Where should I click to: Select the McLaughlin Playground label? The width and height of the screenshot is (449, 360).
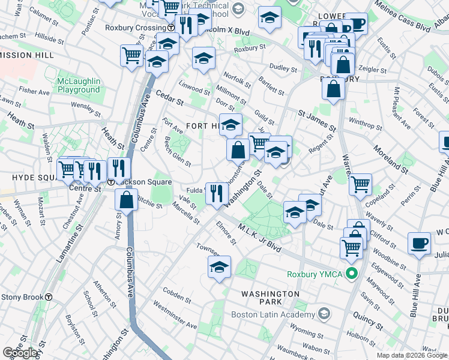tap(79, 85)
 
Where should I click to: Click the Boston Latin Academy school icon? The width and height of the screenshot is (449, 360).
tap(325, 314)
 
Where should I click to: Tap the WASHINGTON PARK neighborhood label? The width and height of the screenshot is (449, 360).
tap(270, 298)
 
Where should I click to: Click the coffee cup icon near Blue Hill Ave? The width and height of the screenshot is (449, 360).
tap(419, 243)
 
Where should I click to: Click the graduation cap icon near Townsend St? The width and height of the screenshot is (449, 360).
tap(220, 266)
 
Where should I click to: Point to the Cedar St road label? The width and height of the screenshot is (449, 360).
tap(168, 97)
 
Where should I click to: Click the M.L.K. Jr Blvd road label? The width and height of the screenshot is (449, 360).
tap(259, 237)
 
